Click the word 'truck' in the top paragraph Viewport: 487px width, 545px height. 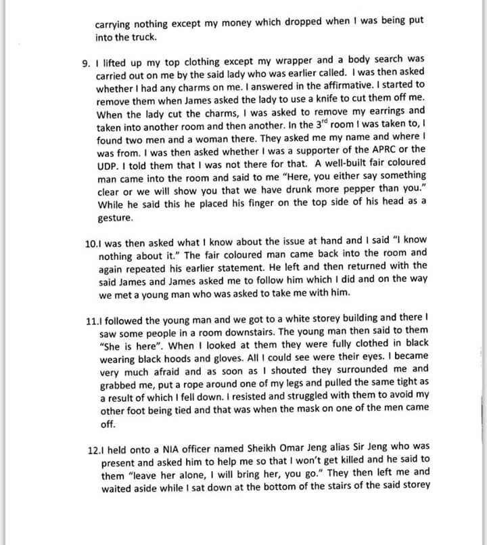pos(144,37)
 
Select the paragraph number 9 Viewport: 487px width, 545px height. pos(85,64)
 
